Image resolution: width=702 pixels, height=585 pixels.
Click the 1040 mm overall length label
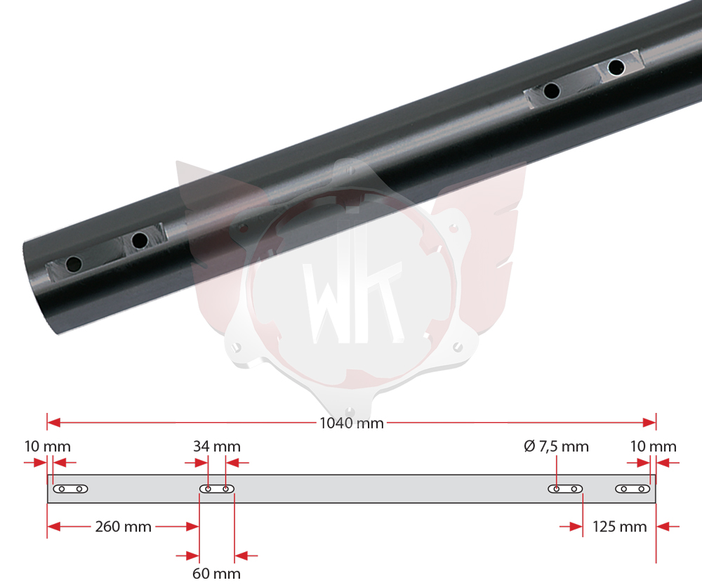[352, 423]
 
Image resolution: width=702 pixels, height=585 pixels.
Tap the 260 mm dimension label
[123, 526]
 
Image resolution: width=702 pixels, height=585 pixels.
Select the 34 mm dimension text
[217, 446]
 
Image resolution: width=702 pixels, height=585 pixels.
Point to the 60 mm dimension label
[216, 573]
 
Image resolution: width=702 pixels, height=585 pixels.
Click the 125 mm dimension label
[620, 526]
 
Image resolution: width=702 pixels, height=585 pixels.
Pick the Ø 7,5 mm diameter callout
[556, 446]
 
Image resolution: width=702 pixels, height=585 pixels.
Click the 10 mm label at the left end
[48, 446]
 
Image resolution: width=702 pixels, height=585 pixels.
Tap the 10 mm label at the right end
[653, 446]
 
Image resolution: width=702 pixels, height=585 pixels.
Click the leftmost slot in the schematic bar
[70, 489]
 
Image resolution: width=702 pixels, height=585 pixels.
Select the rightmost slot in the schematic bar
[633, 489]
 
